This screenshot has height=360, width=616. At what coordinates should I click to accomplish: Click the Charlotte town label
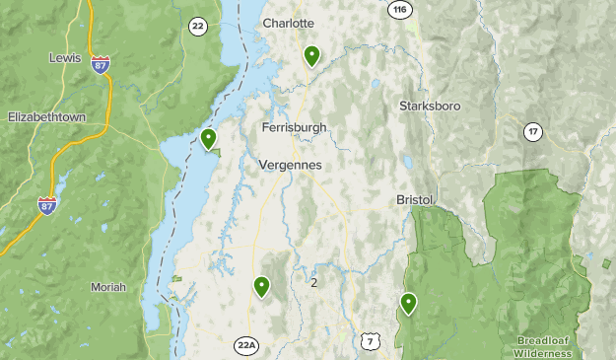point(288,23)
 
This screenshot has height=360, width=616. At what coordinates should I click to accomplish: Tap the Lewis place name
point(65,58)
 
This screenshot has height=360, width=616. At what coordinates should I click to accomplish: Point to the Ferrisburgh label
point(295,127)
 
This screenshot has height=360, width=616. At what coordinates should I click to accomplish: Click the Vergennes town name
point(290,165)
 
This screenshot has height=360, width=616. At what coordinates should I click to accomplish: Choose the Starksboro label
point(430,106)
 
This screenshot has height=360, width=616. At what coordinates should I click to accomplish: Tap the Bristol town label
point(415,199)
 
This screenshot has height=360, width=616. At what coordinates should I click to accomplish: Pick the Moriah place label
point(108,287)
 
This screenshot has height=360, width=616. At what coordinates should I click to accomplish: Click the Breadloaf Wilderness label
point(543,346)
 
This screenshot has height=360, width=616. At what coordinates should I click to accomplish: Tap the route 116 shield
point(399,9)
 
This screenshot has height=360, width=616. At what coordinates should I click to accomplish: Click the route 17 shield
point(533,130)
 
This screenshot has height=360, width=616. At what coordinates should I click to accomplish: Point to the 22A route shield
point(246,345)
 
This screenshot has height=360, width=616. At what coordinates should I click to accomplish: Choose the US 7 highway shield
point(370,341)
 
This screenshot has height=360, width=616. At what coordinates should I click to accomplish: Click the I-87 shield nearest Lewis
point(100,64)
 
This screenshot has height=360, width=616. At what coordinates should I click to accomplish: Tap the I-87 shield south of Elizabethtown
point(47,205)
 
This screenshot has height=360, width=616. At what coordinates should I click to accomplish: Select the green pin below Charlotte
point(312,55)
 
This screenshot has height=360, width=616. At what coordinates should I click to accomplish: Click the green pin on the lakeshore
point(209,139)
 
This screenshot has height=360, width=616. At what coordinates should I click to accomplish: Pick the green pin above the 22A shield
point(262,286)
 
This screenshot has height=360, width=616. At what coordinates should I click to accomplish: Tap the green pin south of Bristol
point(408,303)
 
